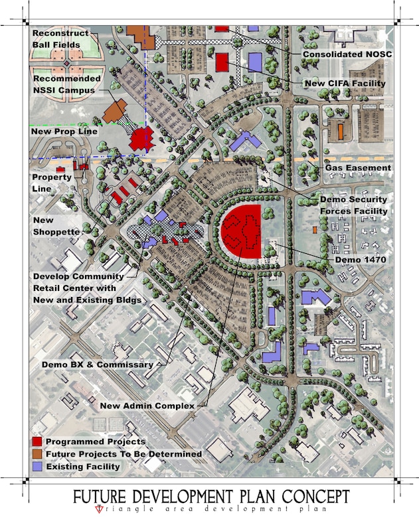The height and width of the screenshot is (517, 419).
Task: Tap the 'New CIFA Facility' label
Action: pos(345,83)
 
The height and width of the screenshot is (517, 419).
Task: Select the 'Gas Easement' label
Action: pos(358,168)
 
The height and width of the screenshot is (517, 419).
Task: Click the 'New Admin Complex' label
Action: pos(147,405)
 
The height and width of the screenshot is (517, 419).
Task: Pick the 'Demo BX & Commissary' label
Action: pos(97,365)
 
